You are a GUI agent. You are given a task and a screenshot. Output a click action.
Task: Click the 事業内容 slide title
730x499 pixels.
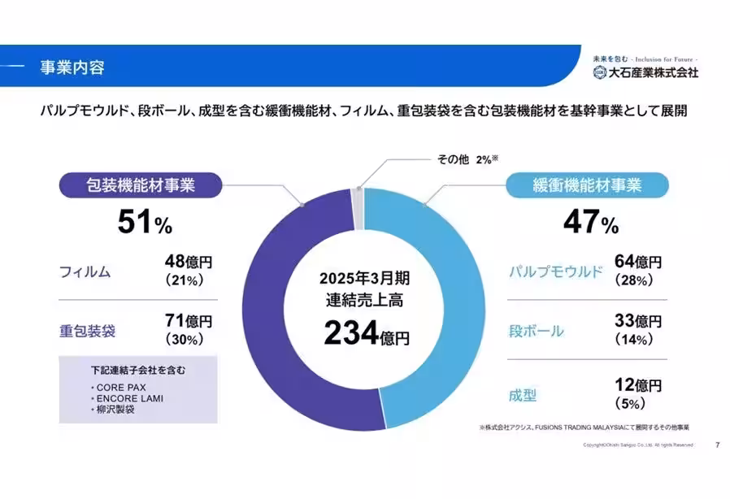point(72,67)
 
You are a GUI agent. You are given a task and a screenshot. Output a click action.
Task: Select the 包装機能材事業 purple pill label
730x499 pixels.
point(141,185)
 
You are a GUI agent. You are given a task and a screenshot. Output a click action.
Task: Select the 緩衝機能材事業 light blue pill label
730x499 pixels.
point(588,185)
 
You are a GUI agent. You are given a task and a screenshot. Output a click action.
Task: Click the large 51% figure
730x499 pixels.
point(145,223)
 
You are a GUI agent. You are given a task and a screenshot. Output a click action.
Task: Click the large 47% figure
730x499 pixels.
point(591,223)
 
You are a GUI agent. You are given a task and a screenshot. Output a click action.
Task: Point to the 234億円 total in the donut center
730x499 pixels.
point(366,333)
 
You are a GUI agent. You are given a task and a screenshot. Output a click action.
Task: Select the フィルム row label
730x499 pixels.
point(85,271)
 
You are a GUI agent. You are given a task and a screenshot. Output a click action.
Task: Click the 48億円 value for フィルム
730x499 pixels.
point(189,262)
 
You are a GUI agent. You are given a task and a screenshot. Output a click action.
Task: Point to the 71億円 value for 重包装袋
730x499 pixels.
point(189,322)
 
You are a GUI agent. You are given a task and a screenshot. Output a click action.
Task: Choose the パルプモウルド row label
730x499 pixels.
point(556,271)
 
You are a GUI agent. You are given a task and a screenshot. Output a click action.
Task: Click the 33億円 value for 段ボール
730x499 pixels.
point(638,322)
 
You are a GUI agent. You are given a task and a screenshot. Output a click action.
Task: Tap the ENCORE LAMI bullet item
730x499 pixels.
point(123,398)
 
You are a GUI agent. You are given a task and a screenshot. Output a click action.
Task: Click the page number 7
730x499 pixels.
point(716,445)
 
